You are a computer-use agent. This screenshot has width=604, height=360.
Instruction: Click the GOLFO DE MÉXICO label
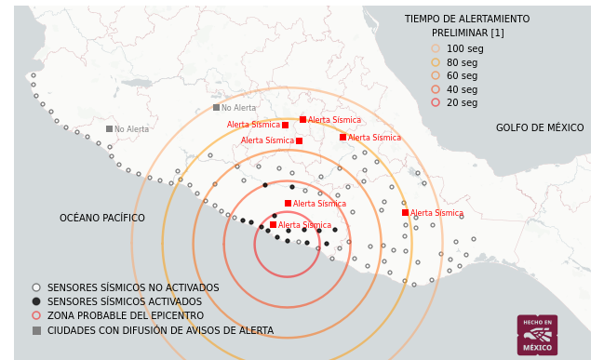(540, 128)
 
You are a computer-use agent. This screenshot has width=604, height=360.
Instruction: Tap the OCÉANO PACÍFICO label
(102, 219)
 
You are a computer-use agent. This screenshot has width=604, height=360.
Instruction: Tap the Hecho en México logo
(537, 334)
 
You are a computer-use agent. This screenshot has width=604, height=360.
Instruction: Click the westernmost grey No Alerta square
(109, 129)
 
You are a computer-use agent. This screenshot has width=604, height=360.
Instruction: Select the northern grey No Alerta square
(216, 108)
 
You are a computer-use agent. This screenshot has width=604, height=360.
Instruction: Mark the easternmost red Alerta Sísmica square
(405, 213)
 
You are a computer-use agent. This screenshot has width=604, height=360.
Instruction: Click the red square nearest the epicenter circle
(273, 224)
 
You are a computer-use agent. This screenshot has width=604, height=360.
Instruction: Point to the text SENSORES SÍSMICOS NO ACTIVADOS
(133, 288)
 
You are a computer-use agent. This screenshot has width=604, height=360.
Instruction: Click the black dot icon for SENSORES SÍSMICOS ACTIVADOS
(36, 301)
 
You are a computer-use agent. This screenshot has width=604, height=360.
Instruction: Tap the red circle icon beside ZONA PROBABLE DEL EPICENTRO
(36, 315)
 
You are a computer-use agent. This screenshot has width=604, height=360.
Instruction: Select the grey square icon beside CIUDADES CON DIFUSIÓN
(36, 330)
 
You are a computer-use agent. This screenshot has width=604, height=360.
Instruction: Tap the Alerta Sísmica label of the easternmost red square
(436, 213)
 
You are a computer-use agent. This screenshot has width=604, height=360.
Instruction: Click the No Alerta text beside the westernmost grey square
(131, 129)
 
